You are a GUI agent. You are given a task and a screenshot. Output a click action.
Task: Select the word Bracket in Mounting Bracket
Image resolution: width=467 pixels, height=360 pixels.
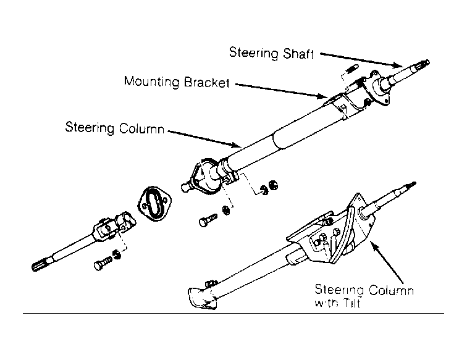click(208, 82)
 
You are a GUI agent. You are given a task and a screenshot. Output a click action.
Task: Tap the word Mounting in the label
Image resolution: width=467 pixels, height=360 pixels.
click(152, 82)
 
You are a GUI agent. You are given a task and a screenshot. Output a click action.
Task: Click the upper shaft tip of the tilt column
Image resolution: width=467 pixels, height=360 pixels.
click(410, 186)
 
